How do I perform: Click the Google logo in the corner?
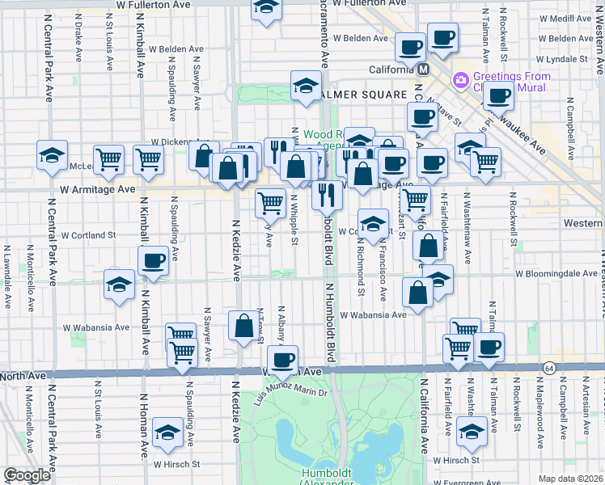tap(27, 475)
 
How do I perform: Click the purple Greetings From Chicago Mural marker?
tap(462, 80)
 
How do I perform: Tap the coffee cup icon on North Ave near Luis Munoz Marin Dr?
tap(282, 360)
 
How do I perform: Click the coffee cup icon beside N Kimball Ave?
tap(153, 260)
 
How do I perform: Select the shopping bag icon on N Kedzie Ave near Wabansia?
tap(243, 327)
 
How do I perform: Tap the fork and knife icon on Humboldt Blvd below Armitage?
tap(327, 195)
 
